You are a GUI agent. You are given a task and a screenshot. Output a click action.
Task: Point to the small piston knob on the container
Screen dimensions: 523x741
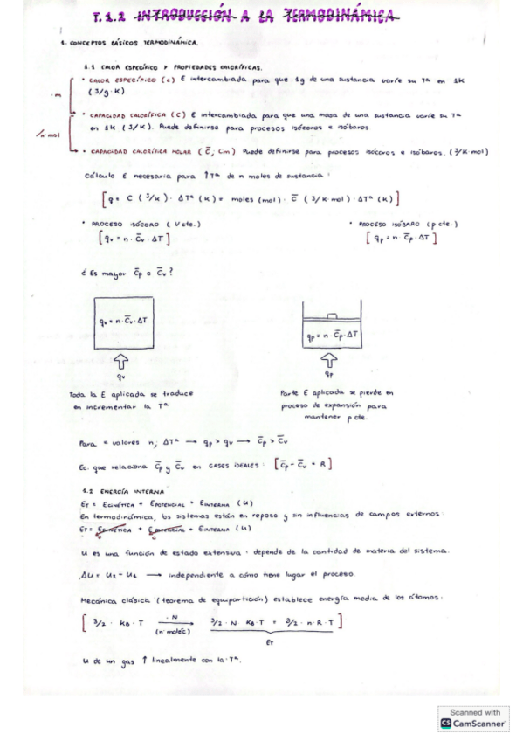tap(329, 315)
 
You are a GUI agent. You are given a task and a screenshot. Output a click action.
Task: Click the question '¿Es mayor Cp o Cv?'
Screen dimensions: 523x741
tap(126, 272)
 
